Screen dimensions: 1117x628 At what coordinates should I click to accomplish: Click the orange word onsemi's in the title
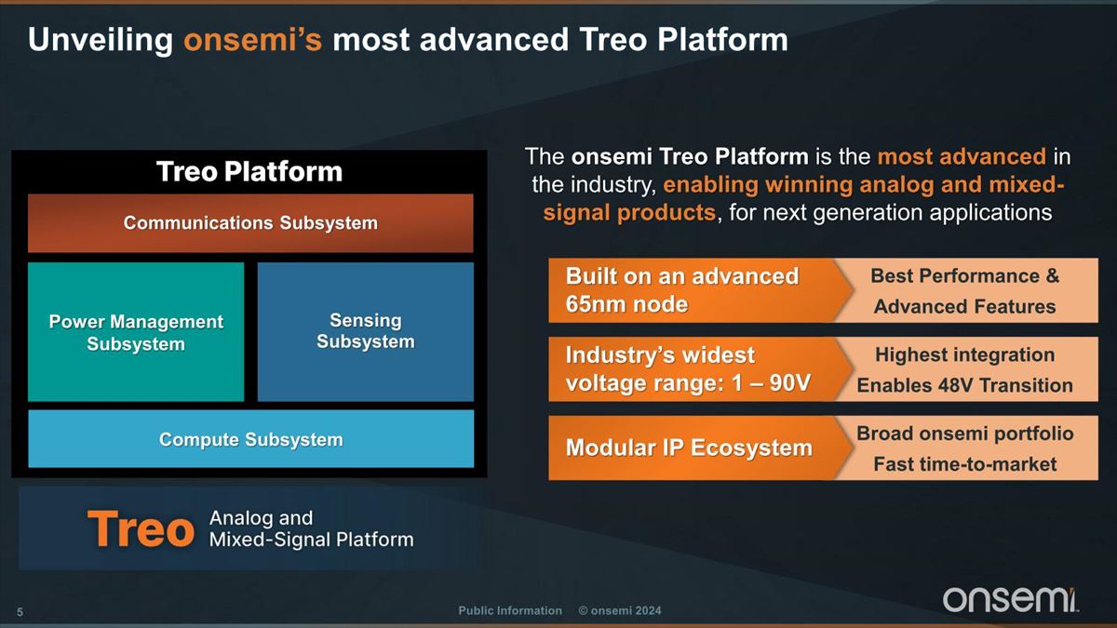point(253,39)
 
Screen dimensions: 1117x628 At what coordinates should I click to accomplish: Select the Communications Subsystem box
point(250,222)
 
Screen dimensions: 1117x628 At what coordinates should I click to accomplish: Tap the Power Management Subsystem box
point(136,332)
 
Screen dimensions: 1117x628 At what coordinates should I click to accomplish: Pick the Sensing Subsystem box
point(366,332)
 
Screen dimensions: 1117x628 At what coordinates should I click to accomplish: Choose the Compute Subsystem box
point(250,438)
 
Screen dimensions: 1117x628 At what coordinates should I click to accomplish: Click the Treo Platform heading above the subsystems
point(249,171)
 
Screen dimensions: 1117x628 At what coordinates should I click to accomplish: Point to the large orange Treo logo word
point(141,528)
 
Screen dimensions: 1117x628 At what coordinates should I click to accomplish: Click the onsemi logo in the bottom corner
point(1010,599)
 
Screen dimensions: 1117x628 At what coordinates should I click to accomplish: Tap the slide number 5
point(20,612)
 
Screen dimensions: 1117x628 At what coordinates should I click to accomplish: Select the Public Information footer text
point(510,610)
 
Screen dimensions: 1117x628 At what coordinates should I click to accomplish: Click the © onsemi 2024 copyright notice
point(620,610)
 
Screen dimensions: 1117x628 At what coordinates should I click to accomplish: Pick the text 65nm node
point(626,304)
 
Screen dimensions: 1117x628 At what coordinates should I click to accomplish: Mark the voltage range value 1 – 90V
point(771,382)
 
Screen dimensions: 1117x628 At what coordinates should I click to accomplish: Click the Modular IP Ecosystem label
point(689,448)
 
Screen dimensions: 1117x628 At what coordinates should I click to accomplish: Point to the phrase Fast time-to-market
point(965,464)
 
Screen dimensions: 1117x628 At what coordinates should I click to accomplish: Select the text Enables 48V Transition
point(965,385)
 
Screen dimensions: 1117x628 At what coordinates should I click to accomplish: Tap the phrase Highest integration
point(965,354)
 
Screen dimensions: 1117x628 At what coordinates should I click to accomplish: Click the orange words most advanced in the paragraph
point(962,156)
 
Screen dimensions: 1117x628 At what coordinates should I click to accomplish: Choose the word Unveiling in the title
point(101,40)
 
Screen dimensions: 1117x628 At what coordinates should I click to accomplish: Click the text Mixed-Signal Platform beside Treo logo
point(312,540)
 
